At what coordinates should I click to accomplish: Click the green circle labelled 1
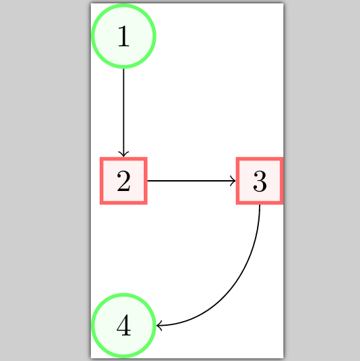123,37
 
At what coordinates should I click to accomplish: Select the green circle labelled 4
123,326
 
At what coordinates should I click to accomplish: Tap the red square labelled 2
123,181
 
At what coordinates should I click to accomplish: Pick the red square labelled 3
260,181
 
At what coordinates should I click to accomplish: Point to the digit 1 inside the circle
123,37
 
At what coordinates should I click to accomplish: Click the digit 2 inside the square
123,182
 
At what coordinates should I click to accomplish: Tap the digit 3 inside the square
260,182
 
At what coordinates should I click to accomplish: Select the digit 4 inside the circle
123,326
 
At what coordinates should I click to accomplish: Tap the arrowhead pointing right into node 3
233,181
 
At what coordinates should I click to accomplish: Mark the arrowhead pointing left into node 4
159,326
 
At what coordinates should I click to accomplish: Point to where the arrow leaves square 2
148,181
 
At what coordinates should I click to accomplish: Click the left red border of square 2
102,181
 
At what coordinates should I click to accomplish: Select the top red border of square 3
260,160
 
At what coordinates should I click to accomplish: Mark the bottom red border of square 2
123,202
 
